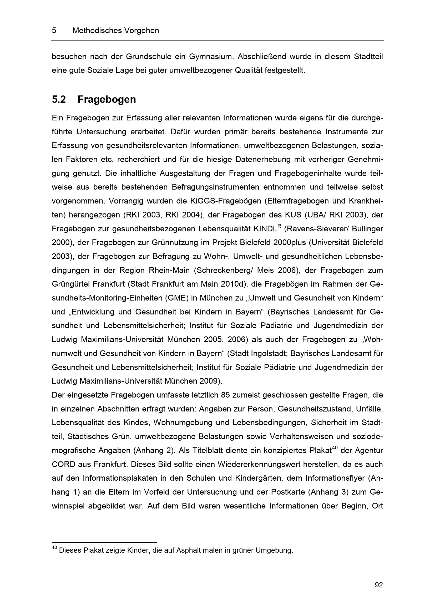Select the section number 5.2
click(59, 100)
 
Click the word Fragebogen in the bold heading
click(107, 100)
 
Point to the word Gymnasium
click(211, 57)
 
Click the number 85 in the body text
click(226, 395)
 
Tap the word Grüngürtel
click(70, 284)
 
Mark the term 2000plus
click(290, 242)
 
